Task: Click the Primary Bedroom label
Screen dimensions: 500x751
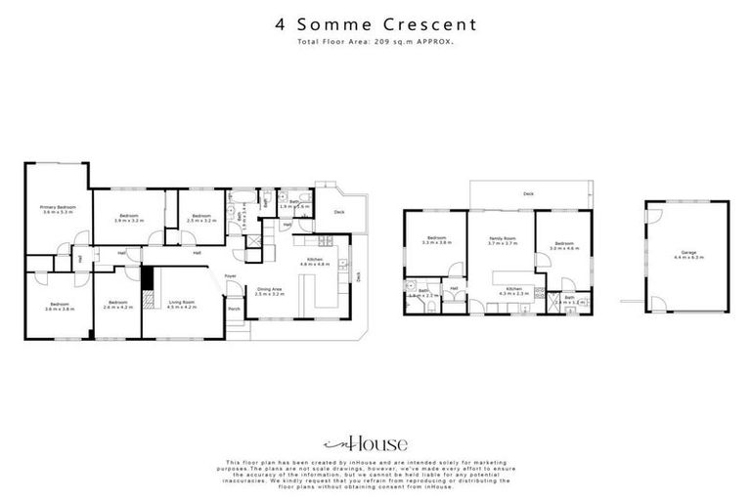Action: (x=59, y=208)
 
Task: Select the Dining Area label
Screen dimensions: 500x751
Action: (x=269, y=289)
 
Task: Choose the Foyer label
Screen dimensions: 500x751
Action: (x=231, y=276)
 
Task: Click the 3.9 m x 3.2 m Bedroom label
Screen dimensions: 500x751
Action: (x=130, y=215)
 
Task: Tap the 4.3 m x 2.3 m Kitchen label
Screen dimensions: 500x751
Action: (x=513, y=289)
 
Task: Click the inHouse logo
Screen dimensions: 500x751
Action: (x=375, y=440)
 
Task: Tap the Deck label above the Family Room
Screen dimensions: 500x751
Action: (x=528, y=193)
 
